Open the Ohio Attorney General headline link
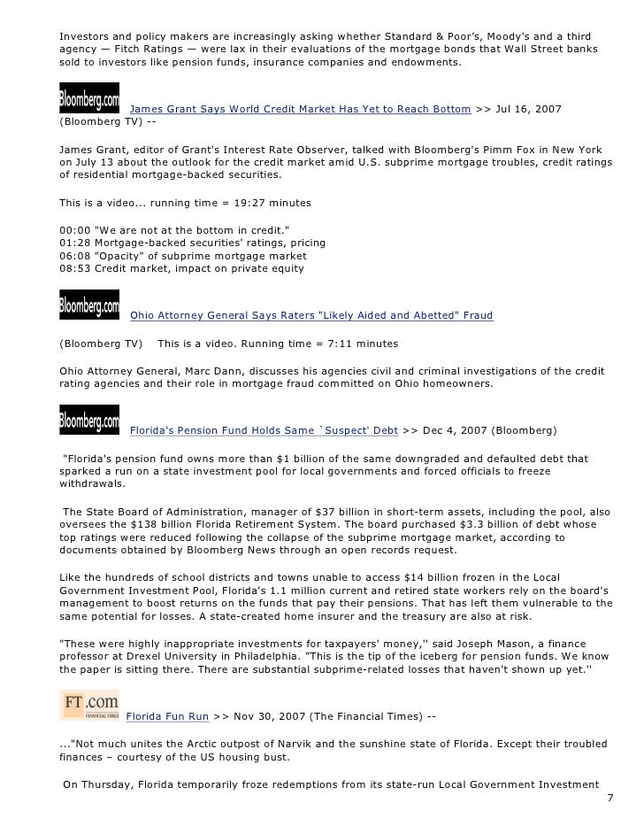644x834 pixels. (x=311, y=314)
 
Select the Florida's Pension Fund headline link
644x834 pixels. (x=263, y=431)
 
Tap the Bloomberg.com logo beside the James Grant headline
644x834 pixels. (x=88, y=95)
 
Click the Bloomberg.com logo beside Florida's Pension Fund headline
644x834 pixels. (x=88, y=418)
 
